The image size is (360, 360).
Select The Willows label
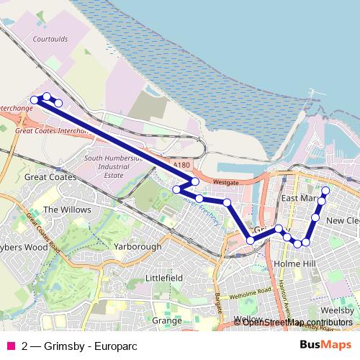click(x=67, y=210)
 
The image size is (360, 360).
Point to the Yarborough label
click(x=138, y=246)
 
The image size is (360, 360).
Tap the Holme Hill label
click(x=295, y=264)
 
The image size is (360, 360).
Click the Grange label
click(x=166, y=320)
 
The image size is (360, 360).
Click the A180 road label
click(x=181, y=164)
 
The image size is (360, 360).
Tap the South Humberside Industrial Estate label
click(x=112, y=166)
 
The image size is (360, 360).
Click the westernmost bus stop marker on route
click(x=34, y=100)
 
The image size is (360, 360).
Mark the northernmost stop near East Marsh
click(x=325, y=191)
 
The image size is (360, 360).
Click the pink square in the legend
click(x=9, y=346)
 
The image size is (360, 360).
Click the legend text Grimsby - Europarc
click(x=73, y=346)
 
